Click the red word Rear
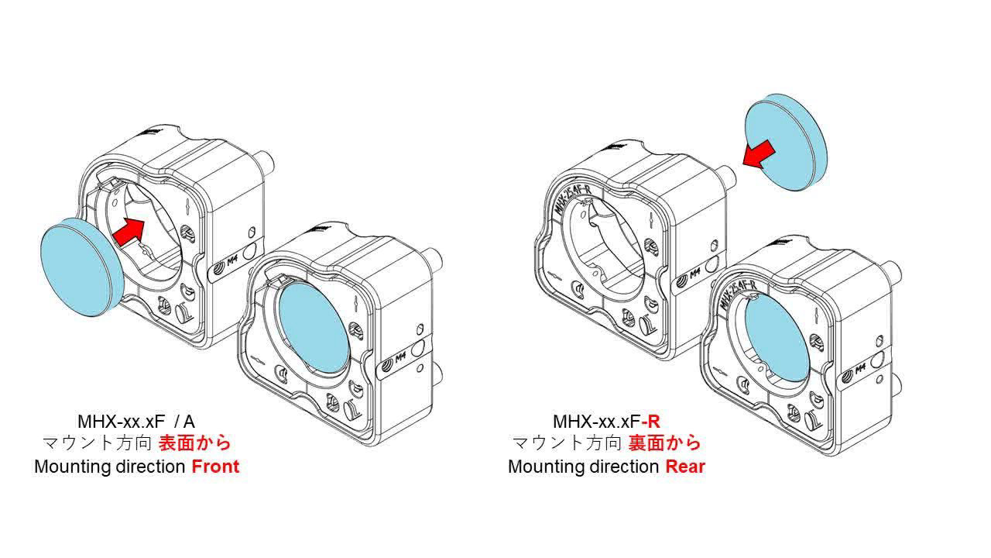tap(685, 467)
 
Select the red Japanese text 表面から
tap(194, 443)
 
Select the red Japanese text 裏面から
tap(664, 443)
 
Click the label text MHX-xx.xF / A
tap(136, 422)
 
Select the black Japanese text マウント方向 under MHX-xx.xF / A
tap(98, 443)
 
